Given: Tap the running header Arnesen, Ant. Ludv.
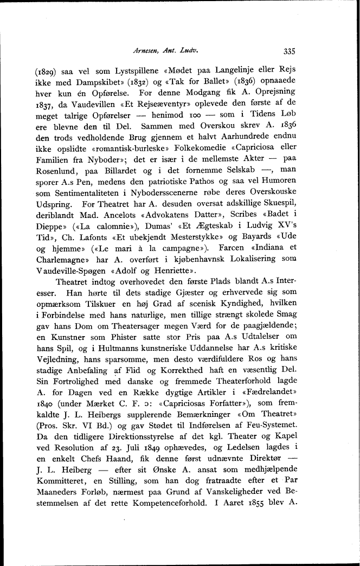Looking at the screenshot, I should tap(164, 52).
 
